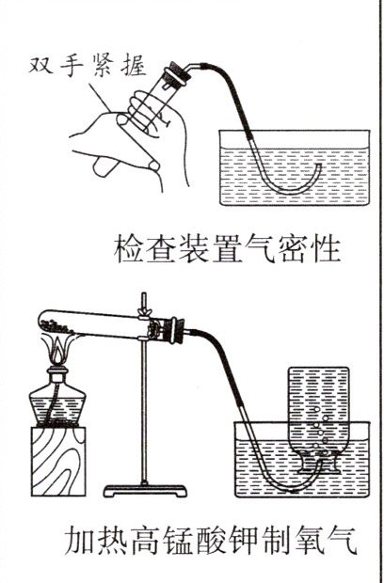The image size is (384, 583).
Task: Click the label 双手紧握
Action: [x=88, y=67]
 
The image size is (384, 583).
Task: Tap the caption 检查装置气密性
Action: [x=228, y=249]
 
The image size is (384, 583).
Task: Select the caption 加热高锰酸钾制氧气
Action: [x=211, y=539]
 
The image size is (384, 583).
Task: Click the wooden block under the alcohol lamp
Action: [x=58, y=461]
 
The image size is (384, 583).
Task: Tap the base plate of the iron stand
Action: [x=145, y=491]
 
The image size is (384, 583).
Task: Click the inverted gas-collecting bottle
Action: [x=319, y=420]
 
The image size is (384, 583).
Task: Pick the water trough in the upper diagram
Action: [x=295, y=167]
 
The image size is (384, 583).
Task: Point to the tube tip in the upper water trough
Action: [x=319, y=165]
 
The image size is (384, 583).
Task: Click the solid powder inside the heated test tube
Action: [x=56, y=327]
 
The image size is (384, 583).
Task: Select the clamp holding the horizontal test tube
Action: [x=144, y=324]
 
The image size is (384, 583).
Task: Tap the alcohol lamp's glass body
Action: [x=57, y=403]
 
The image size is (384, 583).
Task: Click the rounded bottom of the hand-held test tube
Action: [x=102, y=167]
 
